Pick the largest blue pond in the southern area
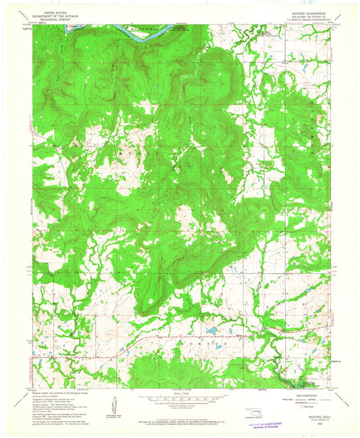(x=211, y=331)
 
